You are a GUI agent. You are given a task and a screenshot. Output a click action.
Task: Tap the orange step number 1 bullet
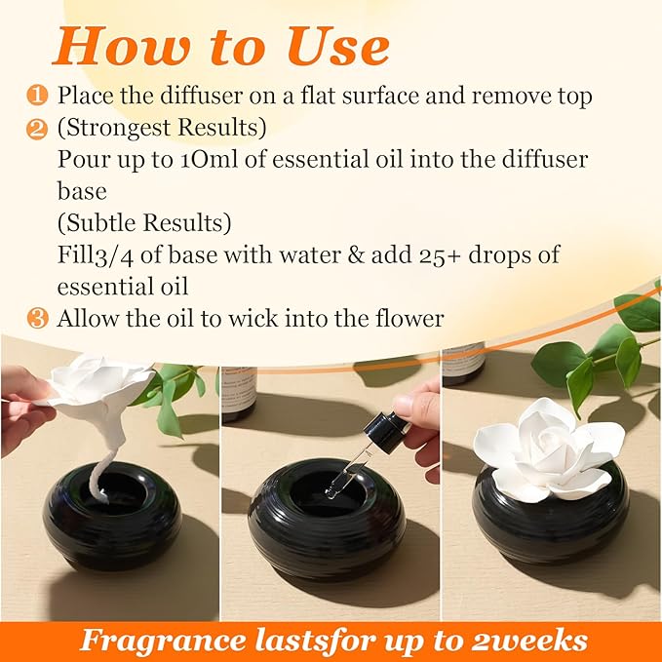click(x=37, y=96)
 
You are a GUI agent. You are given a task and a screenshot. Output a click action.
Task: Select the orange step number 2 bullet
click(x=37, y=128)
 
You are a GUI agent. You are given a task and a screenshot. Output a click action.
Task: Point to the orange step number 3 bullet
click(x=37, y=318)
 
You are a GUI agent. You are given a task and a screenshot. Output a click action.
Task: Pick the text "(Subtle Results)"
click(x=144, y=223)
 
